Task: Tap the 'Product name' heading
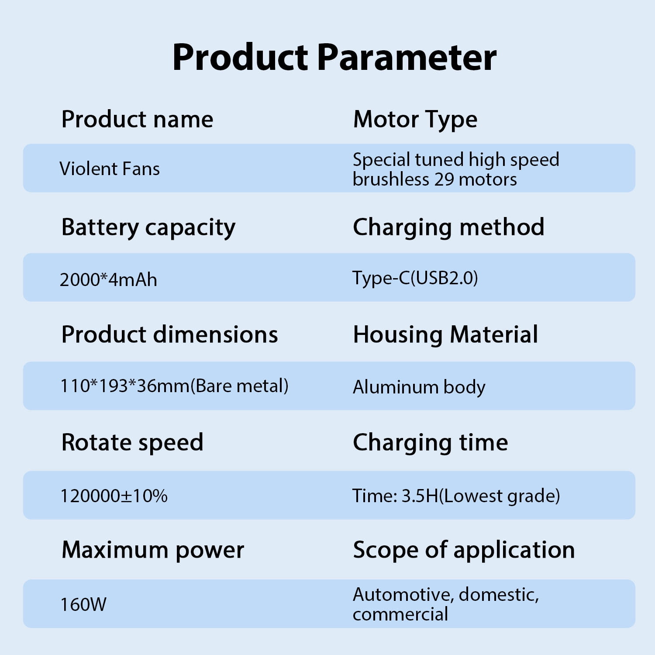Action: pos(137,119)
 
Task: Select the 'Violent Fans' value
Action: pos(110,169)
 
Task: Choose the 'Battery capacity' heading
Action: pos(148,228)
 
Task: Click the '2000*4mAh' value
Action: pos(108,279)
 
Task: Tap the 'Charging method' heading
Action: pos(448,228)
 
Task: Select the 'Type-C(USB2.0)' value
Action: pos(415,278)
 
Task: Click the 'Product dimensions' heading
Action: pos(169,335)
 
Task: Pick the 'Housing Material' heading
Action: pos(445,335)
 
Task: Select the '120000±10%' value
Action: pos(114,496)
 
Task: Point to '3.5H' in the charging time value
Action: pos(420,496)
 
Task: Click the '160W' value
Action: pos(83,605)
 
